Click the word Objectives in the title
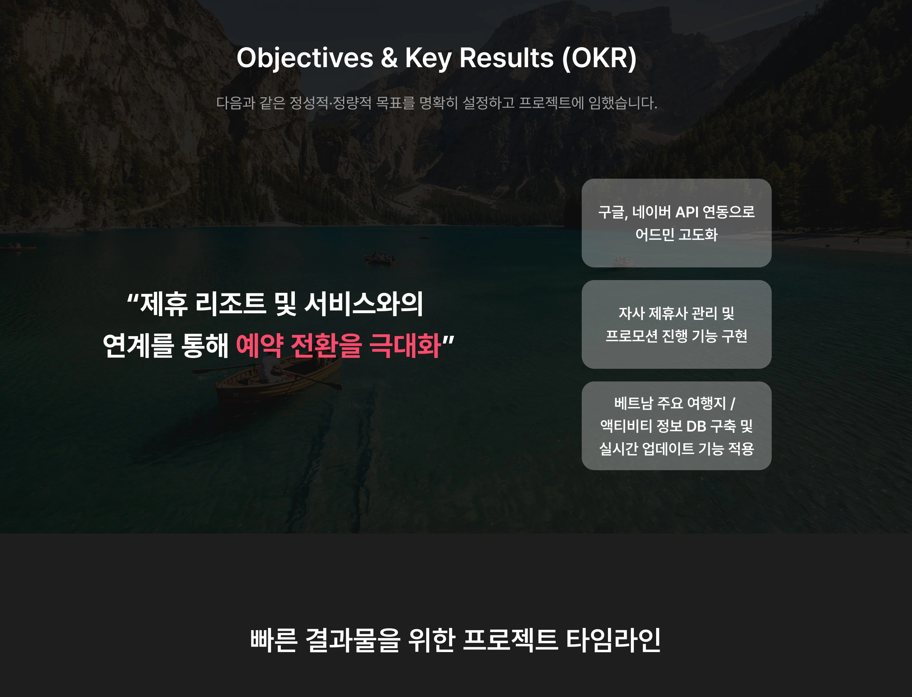(x=305, y=58)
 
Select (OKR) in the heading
(x=599, y=58)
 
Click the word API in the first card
(x=687, y=212)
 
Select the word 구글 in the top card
(x=613, y=212)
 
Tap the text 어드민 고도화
(x=676, y=235)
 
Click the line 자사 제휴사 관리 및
(x=676, y=313)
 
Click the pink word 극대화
(x=405, y=345)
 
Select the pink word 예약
(x=260, y=345)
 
